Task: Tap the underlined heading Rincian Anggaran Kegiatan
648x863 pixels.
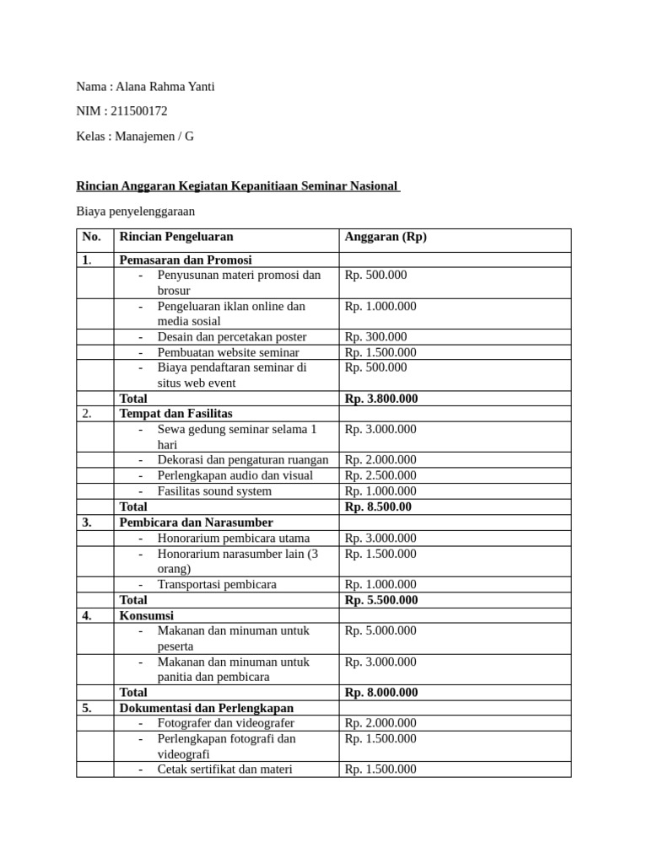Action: tap(238, 185)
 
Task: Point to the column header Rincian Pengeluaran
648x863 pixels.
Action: tap(176, 237)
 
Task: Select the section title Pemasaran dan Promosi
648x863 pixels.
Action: tap(186, 260)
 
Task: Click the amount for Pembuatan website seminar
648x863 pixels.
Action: tap(380, 352)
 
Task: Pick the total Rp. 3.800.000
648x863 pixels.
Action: tap(381, 399)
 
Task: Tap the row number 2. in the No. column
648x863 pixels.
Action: tap(87, 414)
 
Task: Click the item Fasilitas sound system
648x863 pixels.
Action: tap(214, 491)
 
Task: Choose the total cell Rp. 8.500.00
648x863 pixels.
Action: tap(378, 507)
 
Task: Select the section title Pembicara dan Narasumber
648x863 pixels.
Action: tap(196, 523)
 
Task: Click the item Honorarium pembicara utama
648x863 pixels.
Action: tap(233, 538)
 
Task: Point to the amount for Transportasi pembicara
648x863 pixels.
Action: tap(380, 584)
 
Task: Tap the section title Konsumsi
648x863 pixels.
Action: tap(147, 615)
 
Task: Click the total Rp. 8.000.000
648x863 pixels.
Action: tap(381, 693)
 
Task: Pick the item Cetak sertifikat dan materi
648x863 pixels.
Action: tap(224, 769)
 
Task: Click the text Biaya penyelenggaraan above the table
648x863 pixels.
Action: tap(135, 212)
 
